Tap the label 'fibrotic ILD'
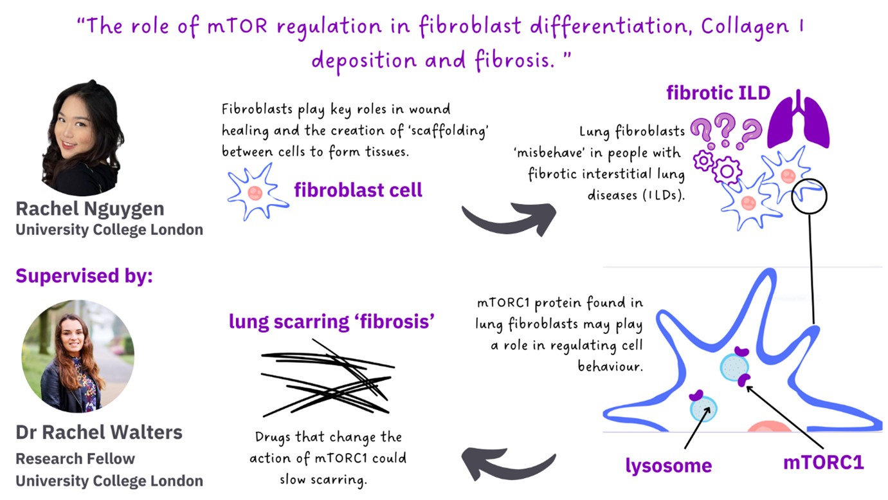pyautogui.click(x=718, y=93)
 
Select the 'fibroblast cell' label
pyautogui.click(x=358, y=190)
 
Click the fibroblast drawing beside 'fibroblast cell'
pyautogui.click(x=258, y=192)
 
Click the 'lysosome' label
pyautogui.click(x=668, y=465)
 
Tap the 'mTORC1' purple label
pyautogui.click(x=824, y=462)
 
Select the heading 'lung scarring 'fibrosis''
pyautogui.click(x=332, y=322)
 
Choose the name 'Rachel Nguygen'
pyautogui.click(x=90, y=209)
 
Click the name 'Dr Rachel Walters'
pyautogui.click(x=99, y=432)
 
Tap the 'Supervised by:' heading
pyautogui.click(x=84, y=276)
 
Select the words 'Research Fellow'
pyautogui.click(x=75, y=459)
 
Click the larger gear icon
pyautogui.click(x=727, y=171)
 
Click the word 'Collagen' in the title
pyautogui.click(x=745, y=27)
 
